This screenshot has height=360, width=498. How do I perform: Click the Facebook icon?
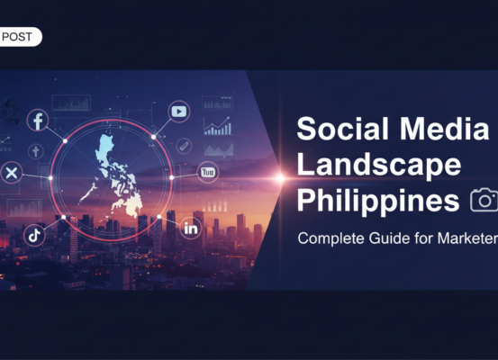38,120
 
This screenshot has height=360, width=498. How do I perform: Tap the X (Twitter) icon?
12,173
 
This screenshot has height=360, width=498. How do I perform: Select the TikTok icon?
34,234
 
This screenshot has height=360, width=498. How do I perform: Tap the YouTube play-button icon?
179,112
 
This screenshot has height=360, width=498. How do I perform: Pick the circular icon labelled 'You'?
208,171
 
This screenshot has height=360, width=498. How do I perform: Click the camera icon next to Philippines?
484,199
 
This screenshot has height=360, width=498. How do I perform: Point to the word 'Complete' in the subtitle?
332,239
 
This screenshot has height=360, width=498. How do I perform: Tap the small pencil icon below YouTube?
183,144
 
